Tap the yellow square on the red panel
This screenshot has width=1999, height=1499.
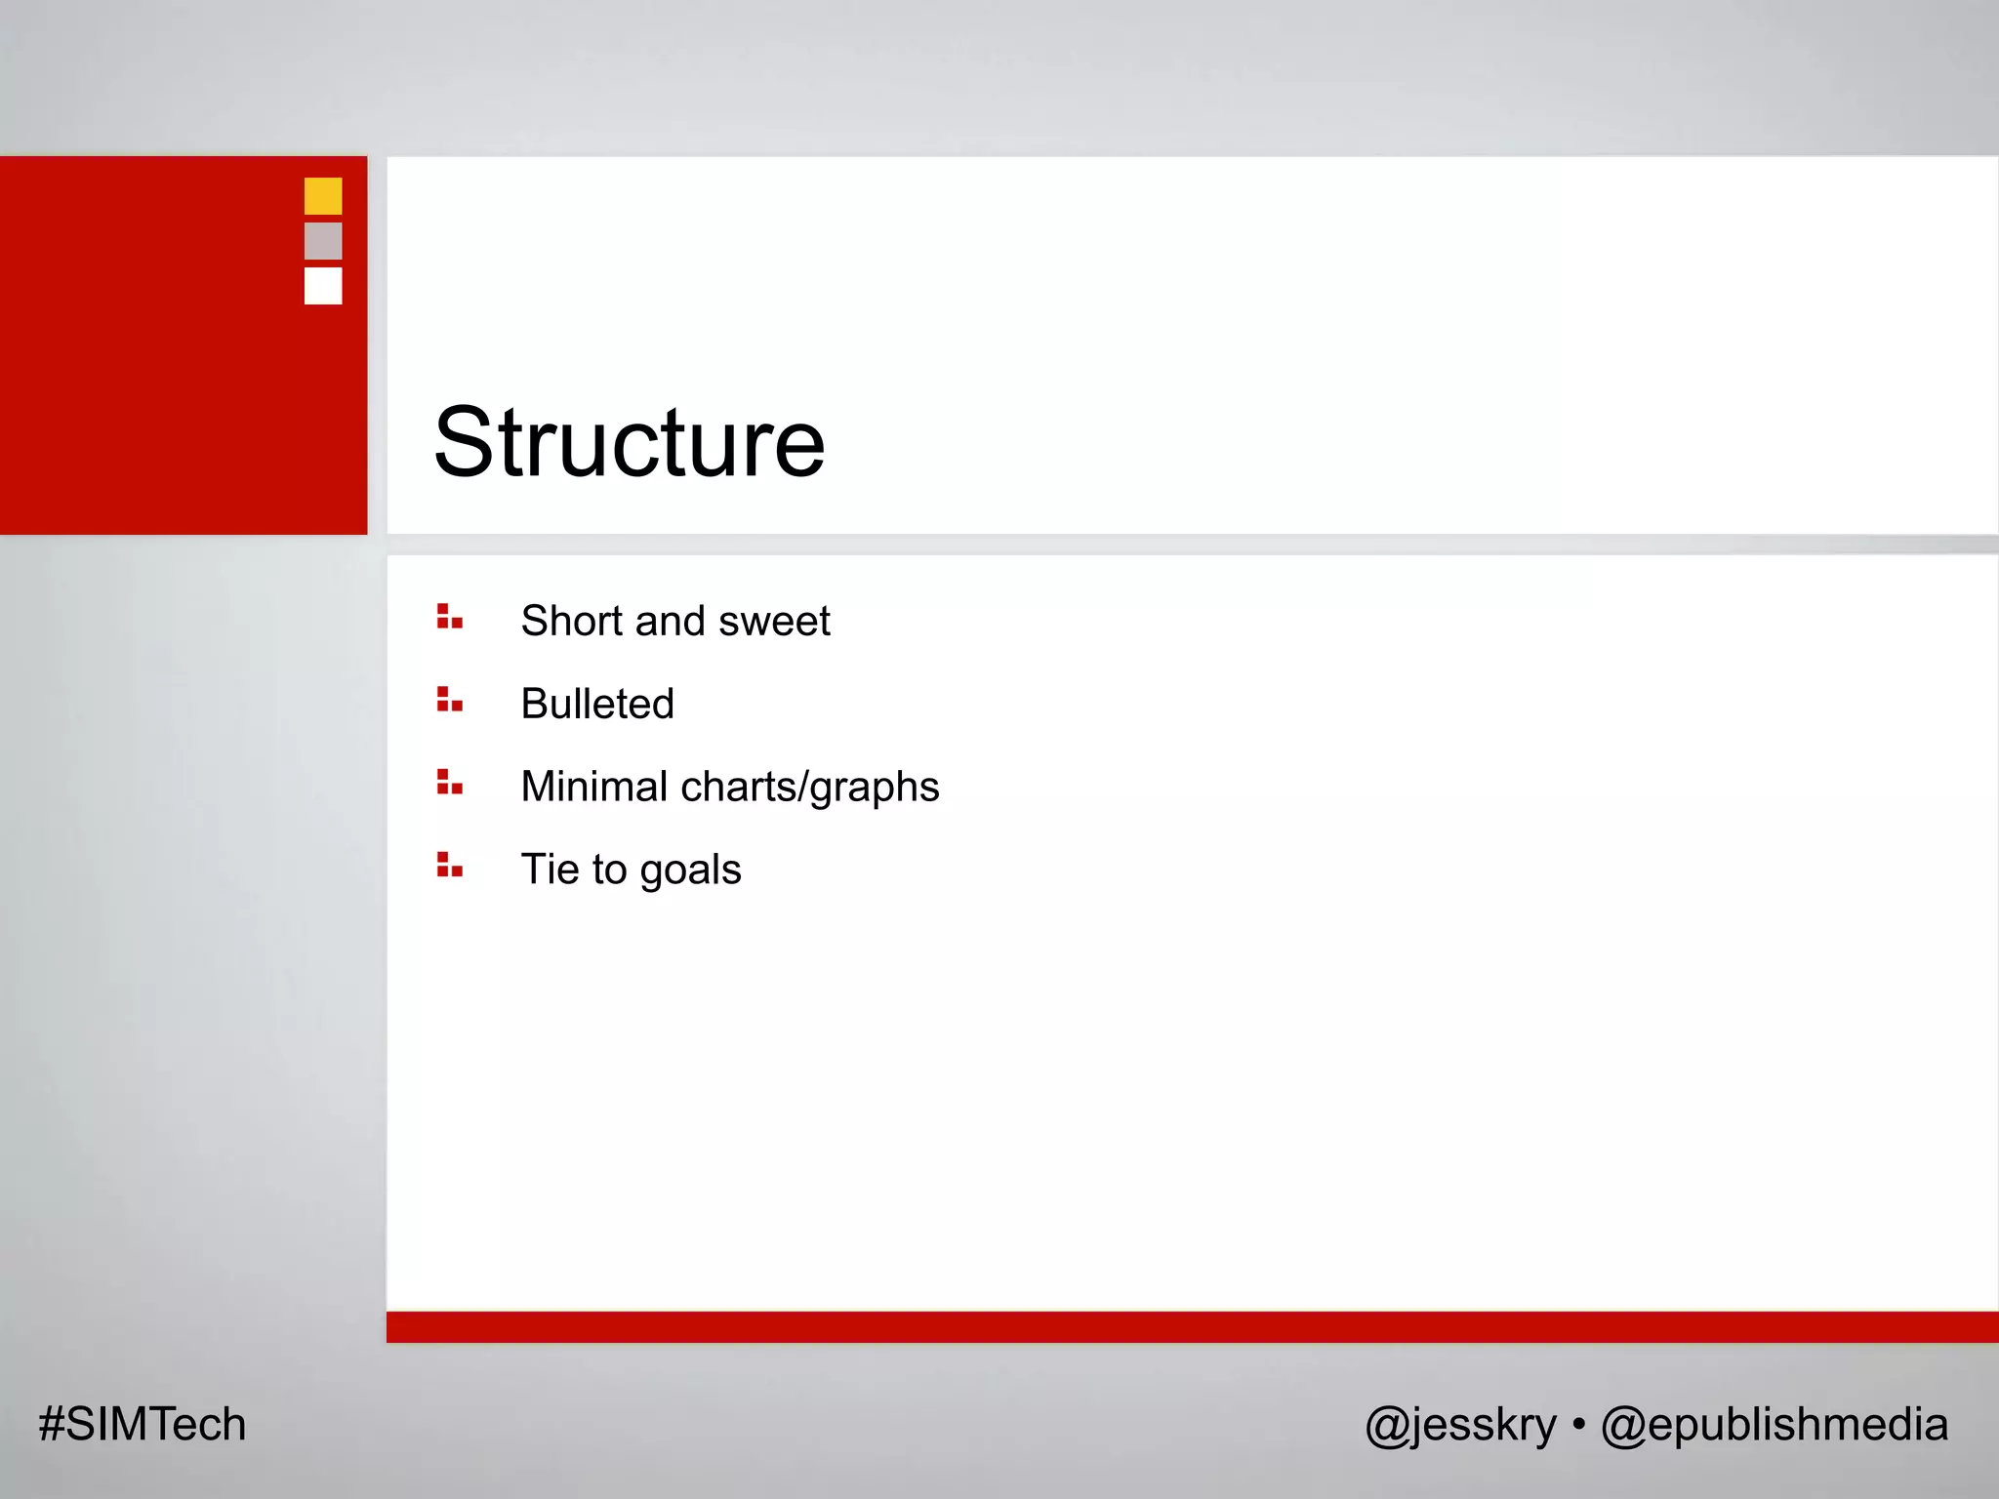pos(323,196)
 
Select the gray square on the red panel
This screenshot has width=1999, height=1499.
pos(323,241)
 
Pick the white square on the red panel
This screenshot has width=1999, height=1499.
pos(323,286)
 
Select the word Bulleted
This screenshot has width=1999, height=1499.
pos(597,704)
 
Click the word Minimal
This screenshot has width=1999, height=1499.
pos(593,787)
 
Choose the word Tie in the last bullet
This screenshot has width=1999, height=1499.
pos(551,869)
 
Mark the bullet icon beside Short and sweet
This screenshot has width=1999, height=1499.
pos(449,617)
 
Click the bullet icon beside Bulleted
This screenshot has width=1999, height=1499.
pos(449,700)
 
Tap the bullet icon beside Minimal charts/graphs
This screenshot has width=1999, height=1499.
pos(449,783)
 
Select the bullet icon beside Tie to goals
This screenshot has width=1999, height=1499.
pos(449,866)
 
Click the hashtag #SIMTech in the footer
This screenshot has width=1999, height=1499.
pos(143,1424)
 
